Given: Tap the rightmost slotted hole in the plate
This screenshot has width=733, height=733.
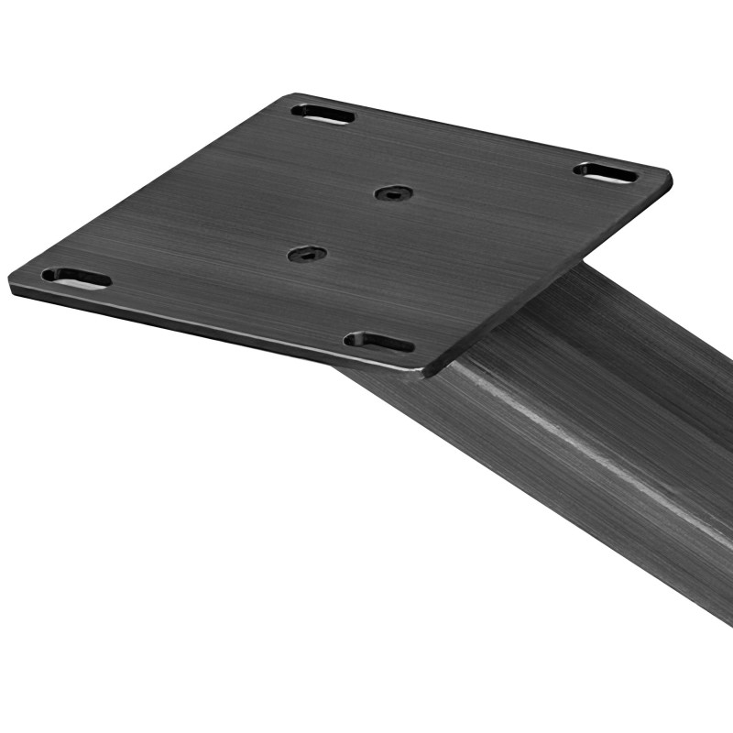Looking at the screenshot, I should click(607, 172).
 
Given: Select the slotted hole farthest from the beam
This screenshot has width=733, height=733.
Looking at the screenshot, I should click(323, 115).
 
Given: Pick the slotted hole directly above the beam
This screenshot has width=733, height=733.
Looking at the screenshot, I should click(378, 343).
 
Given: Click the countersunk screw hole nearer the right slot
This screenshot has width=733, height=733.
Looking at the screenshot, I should click(394, 193).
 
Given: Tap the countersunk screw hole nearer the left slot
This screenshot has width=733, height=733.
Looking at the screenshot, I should click(307, 254).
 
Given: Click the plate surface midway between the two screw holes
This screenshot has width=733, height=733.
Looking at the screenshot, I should click(351, 224).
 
